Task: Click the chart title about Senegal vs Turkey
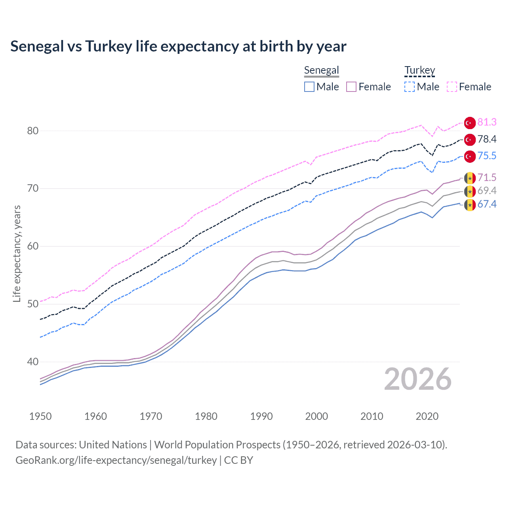178,46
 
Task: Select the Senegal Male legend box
309,87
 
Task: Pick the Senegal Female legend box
351,87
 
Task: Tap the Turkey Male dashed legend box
410,87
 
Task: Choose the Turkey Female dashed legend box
452,87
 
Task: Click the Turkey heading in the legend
419,71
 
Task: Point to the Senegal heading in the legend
321,71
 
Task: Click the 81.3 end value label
487,122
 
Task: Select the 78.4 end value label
487,139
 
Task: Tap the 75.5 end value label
487,156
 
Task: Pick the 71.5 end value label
487,177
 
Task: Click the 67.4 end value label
487,204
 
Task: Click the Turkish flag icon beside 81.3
470,123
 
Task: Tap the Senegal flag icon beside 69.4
470,192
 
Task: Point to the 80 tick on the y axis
32,131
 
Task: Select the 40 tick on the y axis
32,362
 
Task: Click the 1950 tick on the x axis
40,416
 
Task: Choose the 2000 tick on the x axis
316,416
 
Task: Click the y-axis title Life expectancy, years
17,253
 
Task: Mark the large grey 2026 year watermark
417,379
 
